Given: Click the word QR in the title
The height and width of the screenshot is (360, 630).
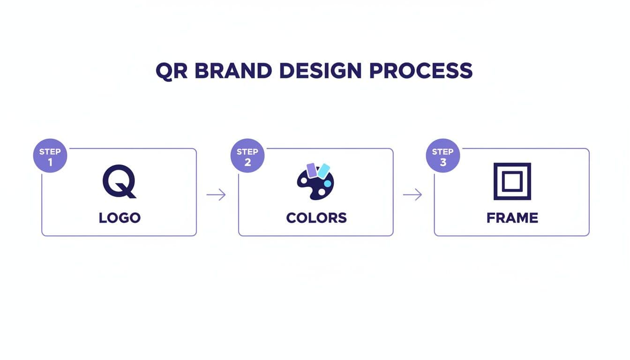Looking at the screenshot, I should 172,71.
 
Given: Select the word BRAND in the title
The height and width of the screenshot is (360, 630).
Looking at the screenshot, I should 232,71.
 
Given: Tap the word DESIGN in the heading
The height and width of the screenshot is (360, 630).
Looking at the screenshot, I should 320,71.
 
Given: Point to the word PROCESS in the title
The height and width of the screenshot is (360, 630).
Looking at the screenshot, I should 420,71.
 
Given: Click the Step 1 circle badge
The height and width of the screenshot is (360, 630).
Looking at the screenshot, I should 50,156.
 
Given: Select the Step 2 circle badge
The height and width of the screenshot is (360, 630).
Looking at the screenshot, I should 247,156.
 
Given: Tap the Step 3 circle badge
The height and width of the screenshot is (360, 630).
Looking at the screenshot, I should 442,156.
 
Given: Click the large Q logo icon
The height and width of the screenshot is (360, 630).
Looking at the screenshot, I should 119,181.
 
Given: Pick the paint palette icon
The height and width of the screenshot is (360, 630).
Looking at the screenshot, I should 315,184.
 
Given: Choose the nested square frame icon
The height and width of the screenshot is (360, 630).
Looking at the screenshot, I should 512,181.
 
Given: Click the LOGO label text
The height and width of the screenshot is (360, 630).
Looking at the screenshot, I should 120,218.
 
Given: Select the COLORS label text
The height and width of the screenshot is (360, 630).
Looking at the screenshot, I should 316,218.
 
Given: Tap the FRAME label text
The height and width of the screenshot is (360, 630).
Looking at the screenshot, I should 512,218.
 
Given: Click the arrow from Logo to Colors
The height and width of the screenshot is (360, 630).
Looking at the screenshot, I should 216,195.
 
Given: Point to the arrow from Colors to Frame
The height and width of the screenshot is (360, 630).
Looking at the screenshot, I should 412,195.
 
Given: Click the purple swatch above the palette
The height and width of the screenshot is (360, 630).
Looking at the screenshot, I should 312,170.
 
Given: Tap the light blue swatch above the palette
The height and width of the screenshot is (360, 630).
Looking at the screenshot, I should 323,171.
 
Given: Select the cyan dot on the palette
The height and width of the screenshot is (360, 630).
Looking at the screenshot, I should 327,183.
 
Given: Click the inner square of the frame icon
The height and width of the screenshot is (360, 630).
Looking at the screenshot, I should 512,181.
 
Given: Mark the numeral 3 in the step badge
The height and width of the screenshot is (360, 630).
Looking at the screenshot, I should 443,163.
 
